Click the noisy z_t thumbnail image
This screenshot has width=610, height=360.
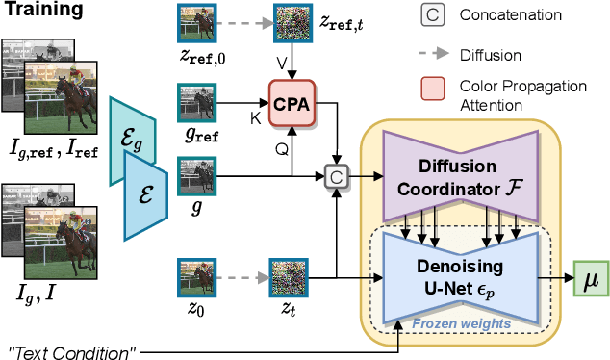click(x=289, y=276)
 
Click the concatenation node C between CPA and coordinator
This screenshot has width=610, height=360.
click(x=337, y=177)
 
